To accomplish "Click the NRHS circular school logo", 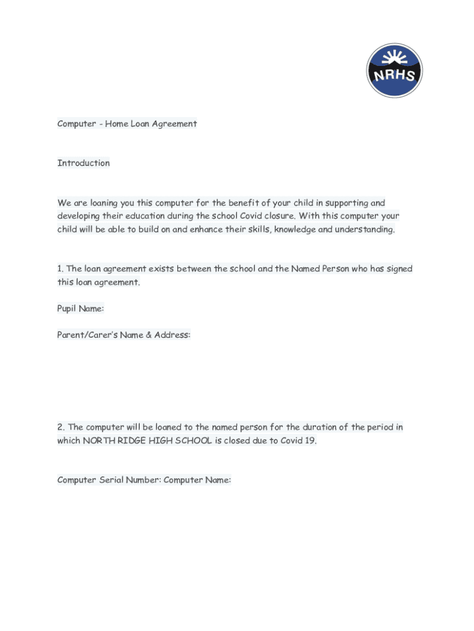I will click(x=395, y=70).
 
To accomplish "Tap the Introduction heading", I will click(x=84, y=163).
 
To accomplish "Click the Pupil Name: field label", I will click(x=81, y=309).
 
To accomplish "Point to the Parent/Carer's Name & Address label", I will click(x=124, y=335).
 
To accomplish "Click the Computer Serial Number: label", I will click(x=109, y=480).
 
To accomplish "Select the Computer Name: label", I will click(x=197, y=480).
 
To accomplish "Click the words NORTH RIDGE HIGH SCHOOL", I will click(x=148, y=441).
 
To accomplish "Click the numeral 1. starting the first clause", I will click(x=60, y=269).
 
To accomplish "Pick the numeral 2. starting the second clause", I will click(x=61, y=427).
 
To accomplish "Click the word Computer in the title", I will click(x=76, y=124).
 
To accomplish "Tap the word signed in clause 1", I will click(x=400, y=269).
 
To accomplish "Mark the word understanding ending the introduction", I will click(x=364, y=229).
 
